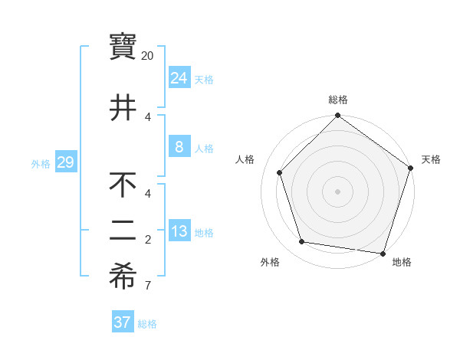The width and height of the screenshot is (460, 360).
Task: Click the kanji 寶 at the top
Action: coord(123,46)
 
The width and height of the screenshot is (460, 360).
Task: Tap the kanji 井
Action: coord(123,106)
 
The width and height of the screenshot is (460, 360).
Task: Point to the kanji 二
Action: coord(123,231)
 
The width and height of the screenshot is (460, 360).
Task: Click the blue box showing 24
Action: coord(179,78)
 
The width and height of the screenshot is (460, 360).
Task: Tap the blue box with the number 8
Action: coord(179,147)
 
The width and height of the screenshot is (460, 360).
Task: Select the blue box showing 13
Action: coord(179,231)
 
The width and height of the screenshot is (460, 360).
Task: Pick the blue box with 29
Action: coord(65,162)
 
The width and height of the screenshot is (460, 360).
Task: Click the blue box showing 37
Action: coord(123,322)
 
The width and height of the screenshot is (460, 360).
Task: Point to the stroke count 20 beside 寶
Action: coord(148,56)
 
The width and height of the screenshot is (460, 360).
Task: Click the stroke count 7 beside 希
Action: coord(148,286)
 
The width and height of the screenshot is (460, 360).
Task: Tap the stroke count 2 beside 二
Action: coord(148,240)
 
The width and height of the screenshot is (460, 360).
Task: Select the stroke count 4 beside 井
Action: coord(148,116)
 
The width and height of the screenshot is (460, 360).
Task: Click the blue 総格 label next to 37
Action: coord(147,324)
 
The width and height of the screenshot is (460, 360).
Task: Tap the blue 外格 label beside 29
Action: coord(41,164)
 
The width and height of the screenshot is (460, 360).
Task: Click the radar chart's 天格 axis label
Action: coord(431,159)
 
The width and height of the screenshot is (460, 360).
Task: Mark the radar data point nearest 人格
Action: coord(280,172)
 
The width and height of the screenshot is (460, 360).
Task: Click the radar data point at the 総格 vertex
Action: coord(337,116)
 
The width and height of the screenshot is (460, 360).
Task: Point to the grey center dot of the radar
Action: coord(337,191)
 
